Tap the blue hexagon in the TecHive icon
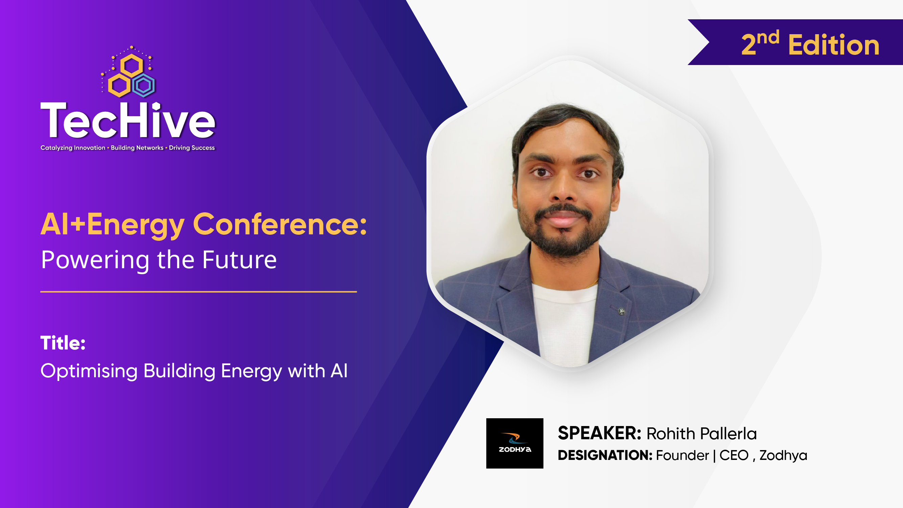pyautogui.click(x=144, y=85)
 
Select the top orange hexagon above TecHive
pyautogui.click(x=131, y=66)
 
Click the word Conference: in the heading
pyautogui.click(x=280, y=225)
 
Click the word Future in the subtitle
pyautogui.click(x=239, y=260)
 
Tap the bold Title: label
pyautogui.click(x=63, y=343)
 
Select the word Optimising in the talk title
pyautogui.click(x=89, y=371)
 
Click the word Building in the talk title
pyautogui.click(x=179, y=371)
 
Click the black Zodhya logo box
pyautogui.click(x=515, y=443)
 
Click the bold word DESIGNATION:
pyautogui.click(x=605, y=456)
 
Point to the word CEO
pyautogui.click(x=734, y=456)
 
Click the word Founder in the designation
pyautogui.click(x=682, y=456)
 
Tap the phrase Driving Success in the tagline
pyautogui.click(x=192, y=148)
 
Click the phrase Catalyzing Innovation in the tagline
pyautogui.click(x=73, y=148)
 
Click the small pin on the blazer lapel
pyautogui.click(x=622, y=311)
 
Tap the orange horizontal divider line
pyautogui.click(x=198, y=292)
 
